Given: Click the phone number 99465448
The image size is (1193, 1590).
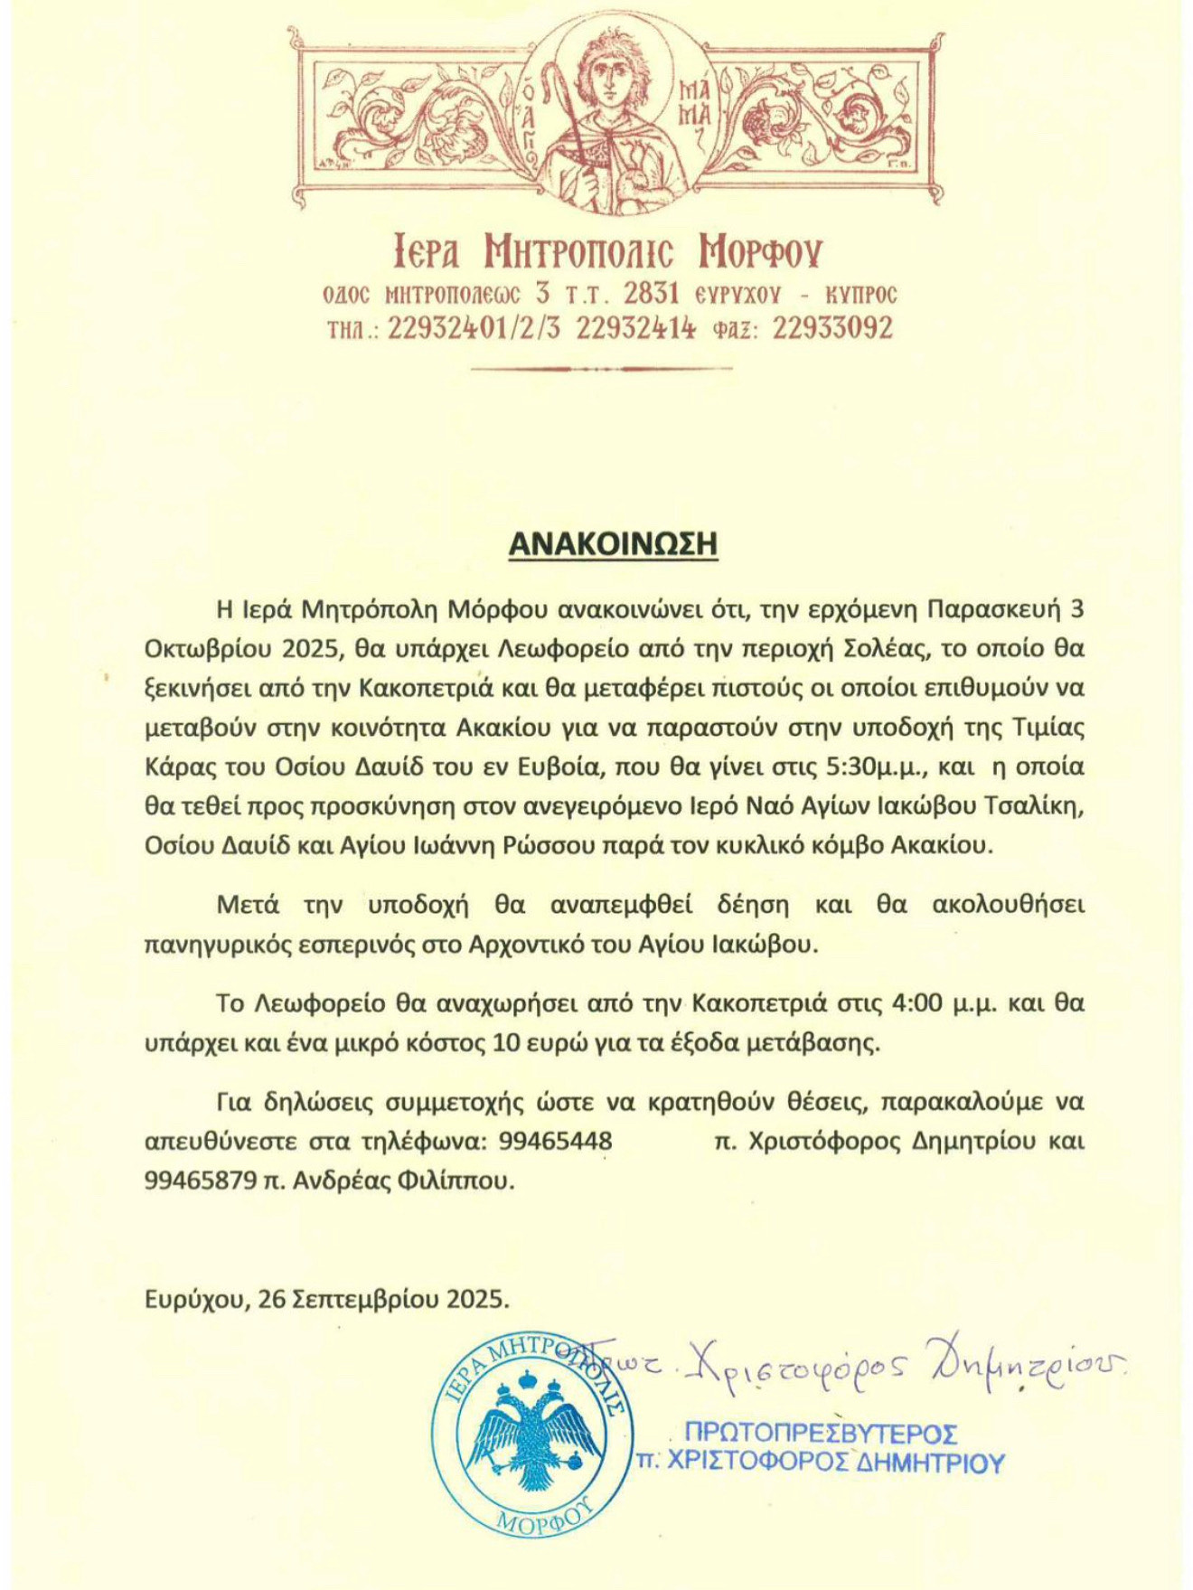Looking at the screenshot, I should [x=555, y=1141].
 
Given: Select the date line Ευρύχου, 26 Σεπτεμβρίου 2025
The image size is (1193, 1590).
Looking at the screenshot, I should [x=326, y=1299].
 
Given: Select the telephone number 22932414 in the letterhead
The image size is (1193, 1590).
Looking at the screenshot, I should [x=635, y=327].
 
